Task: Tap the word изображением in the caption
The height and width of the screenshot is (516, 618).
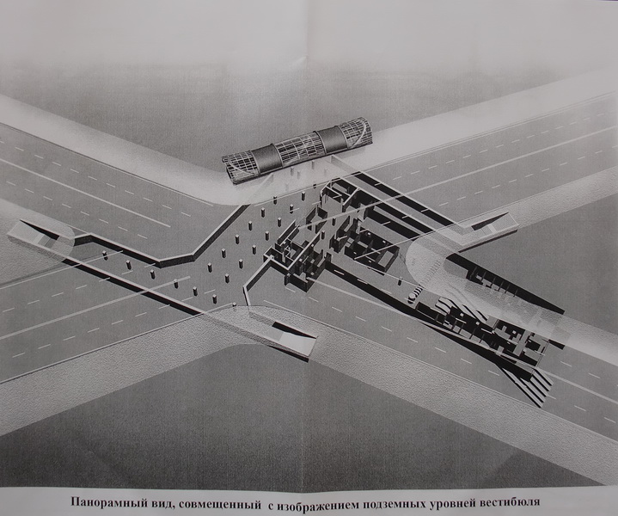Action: click(315, 502)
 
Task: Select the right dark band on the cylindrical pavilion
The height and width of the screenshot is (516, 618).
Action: click(331, 141)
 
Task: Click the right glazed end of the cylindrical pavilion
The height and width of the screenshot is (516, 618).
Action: click(358, 133)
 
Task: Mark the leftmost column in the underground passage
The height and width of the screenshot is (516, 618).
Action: click(105, 255)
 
